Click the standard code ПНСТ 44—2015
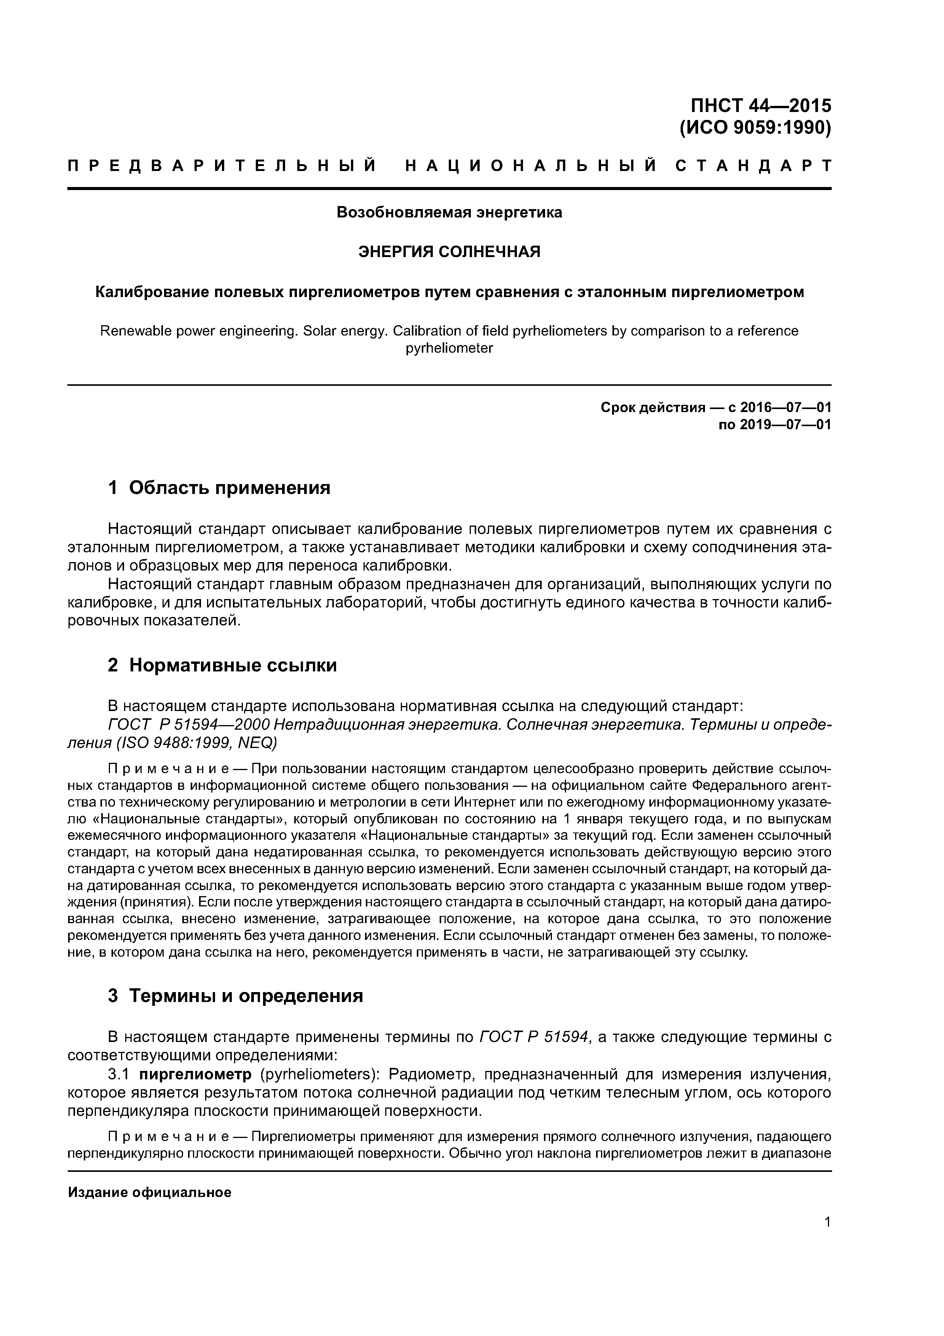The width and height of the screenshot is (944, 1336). click(x=761, y=106)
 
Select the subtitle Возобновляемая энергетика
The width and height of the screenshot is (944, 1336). click(x=449, y=213)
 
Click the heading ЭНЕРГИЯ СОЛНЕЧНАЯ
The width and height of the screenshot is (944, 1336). click(x=449, y=252)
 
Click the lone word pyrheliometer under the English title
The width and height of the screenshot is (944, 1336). click(x=449, y=348)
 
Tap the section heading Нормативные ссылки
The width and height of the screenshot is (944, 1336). click(x=233, y=665)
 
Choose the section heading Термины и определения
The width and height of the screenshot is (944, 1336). click(x=246, y=996)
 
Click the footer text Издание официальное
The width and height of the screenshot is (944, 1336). click(x=150, y=1193)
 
